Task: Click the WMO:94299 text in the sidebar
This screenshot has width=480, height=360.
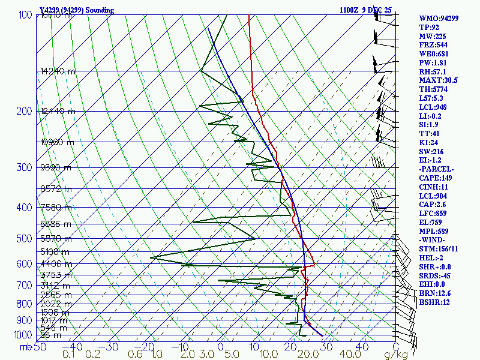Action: [x=439, y=19]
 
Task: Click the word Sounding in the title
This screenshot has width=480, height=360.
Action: [x=104, y=10]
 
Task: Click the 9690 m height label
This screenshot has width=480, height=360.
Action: [x=55, y=168]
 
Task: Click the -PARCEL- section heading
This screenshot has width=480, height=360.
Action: [x=436, y=169]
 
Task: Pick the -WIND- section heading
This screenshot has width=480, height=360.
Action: [x=433, y=240]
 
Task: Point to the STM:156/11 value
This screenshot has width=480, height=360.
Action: [x=439, y=249]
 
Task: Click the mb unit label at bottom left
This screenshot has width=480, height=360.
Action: [x=25, y=346]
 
